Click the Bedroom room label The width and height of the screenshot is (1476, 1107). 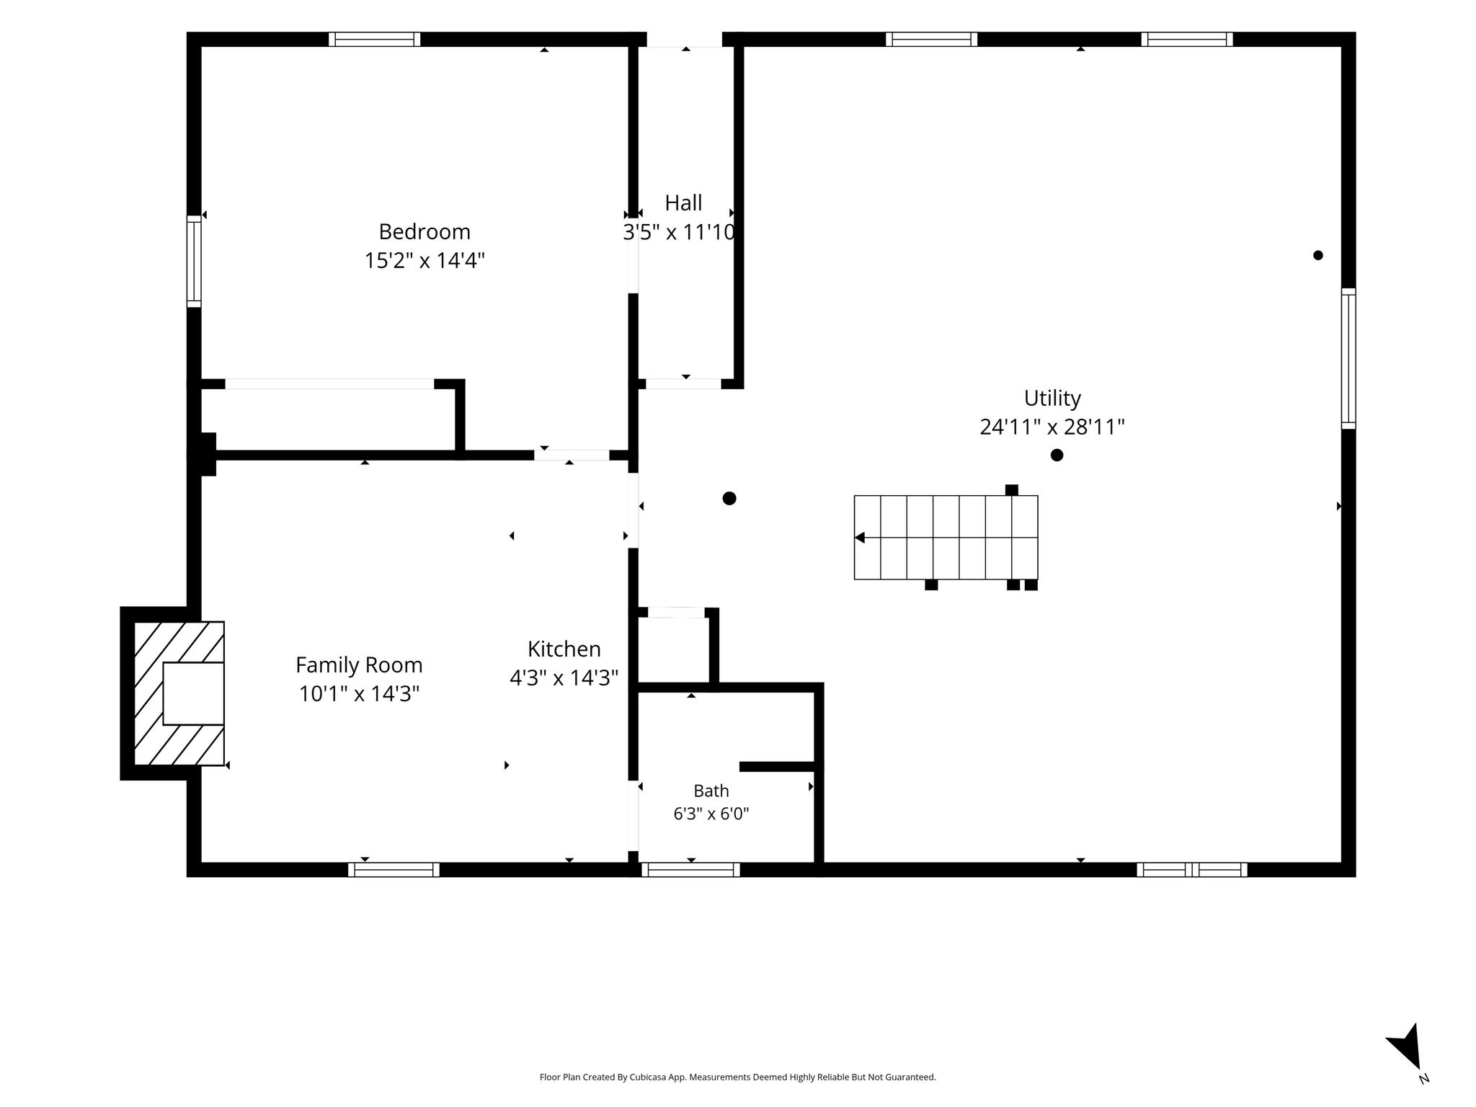[x=424, y=231]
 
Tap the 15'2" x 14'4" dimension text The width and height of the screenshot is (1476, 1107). [x=424, y=260]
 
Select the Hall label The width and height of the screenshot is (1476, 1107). [x=683, y=203]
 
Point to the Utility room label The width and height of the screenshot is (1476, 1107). [x=1052, y=398]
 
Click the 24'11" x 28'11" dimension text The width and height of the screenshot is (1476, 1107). [x=1052, y=427]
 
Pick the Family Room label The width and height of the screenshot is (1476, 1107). [x=359, y=664]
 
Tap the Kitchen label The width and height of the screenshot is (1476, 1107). [x=564, y=649]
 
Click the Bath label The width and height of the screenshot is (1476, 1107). [x=711, y=791]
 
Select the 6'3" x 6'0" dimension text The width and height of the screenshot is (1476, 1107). [x=711, y=814]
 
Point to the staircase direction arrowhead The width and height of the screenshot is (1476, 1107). [x=859, y=538]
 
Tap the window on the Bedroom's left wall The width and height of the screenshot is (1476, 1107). [x=194, y=261]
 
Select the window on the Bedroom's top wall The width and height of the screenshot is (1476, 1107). [x=375, y=39]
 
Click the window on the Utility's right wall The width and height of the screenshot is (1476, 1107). [x=1348, y=359]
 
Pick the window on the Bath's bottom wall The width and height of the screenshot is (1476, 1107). [x=690, y=870]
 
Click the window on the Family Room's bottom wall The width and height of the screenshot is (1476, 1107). [x=394, y=870]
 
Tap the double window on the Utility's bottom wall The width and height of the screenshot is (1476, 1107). [x=1192, y=870]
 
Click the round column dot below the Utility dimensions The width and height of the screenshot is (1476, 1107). [x=1057, y=455]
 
